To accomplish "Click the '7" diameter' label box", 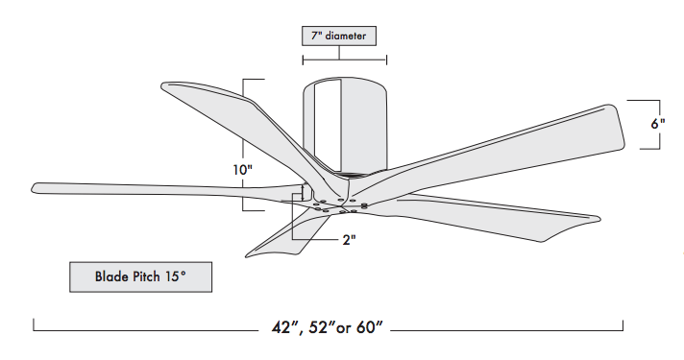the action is (x=339, y=36).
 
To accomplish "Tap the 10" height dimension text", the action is (x=242, y=170).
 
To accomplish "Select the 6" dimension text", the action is (x=658, y=124).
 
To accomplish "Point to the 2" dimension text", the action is (x=349, y=239).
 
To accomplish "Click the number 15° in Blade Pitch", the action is (x=176, y=276).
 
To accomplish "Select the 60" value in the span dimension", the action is (x=370, y=326).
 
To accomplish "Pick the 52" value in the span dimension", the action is (x=322, y=326).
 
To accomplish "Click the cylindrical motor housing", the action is (x=345, y=127).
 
